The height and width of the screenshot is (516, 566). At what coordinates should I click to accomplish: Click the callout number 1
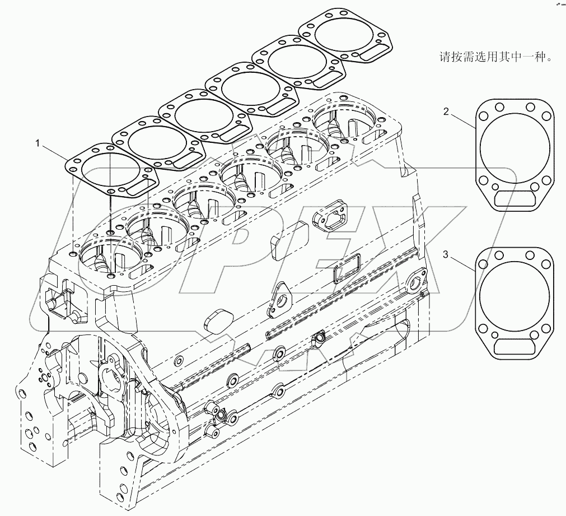pos(38,144)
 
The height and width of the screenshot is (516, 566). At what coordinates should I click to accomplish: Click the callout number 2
pos(446,111)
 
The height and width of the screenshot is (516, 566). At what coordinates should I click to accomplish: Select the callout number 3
pos(446,255)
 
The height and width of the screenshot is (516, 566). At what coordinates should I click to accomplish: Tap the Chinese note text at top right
pos(493,57)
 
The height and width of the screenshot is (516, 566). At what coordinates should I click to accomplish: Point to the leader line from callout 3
pos(462,263)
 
